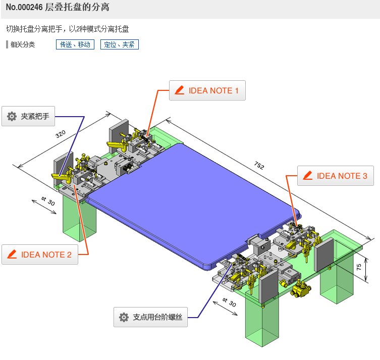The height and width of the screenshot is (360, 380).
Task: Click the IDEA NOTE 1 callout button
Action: [x=207, y=91]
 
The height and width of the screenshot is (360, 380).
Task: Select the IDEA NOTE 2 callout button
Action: [x=40, y=254]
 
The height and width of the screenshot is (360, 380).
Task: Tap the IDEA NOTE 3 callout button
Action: [x=336, y=176]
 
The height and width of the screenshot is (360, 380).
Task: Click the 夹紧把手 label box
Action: [x=28, y=116]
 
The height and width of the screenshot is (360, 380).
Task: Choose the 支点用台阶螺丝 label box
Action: [x=150, y=317]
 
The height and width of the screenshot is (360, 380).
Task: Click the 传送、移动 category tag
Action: [x=75, y=44]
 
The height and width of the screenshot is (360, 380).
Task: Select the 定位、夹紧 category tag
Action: [x=119, y=44]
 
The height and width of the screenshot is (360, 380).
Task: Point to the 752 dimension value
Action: [x=259, y=166]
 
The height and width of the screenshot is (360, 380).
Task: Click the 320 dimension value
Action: [x=61, y=134]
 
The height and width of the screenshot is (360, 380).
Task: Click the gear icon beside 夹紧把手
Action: [x=12, y=117]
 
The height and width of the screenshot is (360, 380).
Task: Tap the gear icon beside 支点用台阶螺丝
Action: [x=124, y=317]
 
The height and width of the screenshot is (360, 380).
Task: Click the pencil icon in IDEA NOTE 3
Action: [x=307, y=176]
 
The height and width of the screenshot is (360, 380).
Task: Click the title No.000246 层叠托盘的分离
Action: [x=58, y=8]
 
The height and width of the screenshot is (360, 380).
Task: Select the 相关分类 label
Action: [x=23, y=44]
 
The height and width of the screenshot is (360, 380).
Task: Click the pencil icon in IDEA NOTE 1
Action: [x=179, y=91]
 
